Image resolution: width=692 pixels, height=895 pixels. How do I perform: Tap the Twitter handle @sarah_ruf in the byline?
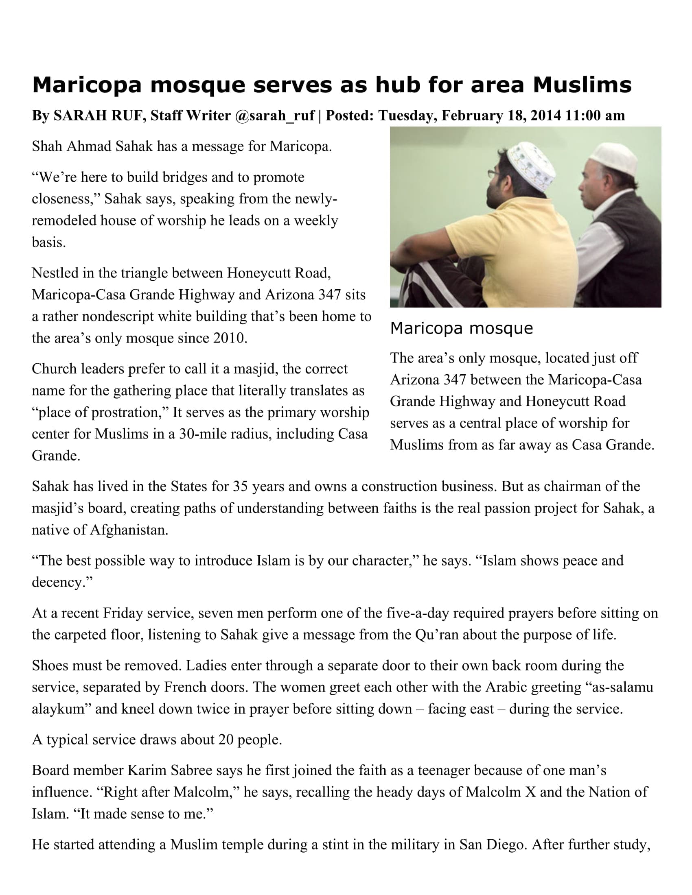(275, 116)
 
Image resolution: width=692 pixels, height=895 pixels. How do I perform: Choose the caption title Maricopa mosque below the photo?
(461, 328)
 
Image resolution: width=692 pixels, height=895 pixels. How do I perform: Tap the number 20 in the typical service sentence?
(226, 740)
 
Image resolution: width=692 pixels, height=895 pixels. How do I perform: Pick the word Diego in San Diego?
(506, 845)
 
